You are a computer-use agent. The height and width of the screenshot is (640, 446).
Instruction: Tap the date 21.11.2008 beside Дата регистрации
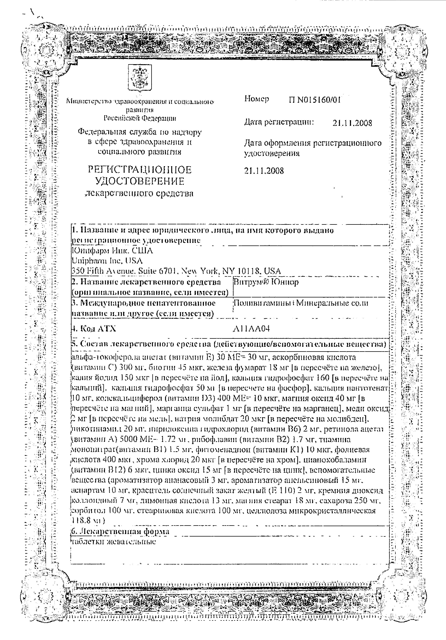point(352,123)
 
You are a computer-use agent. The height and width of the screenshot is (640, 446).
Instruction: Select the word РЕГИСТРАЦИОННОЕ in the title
point(140,170)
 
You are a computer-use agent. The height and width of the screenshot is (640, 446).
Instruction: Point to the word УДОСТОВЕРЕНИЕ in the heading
point(140,181)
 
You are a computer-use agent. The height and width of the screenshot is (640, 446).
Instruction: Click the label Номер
point(256,99)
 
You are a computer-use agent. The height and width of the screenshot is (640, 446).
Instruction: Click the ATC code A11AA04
point(251,329)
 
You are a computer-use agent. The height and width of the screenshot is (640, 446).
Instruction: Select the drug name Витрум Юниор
point(266,282)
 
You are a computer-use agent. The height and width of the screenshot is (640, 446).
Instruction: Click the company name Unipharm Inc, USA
point(107,261)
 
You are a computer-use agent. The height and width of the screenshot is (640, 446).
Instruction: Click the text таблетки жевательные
point(113,542)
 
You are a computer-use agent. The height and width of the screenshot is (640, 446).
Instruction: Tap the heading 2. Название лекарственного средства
point(146,282)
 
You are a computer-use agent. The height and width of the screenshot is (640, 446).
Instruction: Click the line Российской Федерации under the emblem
point(140,118)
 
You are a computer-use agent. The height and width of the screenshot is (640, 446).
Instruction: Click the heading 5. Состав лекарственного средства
point(228,345)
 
